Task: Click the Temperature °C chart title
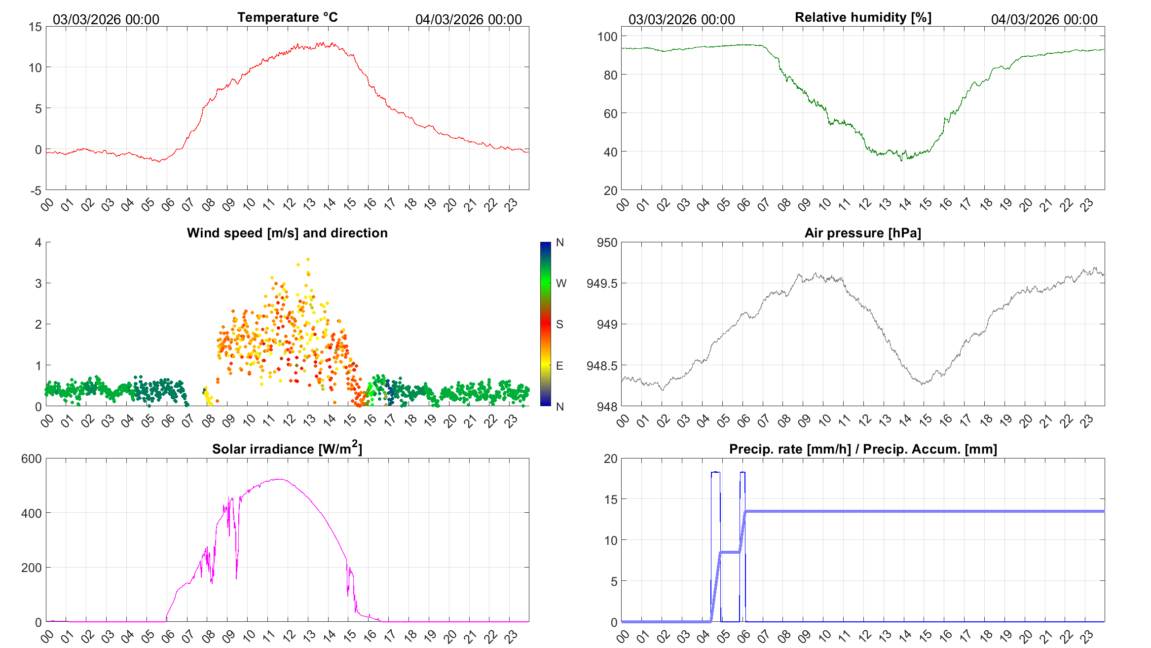tap(287, 17)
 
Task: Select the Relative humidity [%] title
tap(863, 17)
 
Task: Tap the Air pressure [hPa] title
tap(862, 233)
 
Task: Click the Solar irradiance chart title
tap(287, 449)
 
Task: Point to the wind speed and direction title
tap(287, 233)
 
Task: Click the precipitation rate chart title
tap(863, 449)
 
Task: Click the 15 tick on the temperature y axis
tap(36, 27)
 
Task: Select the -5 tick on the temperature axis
tap(36, 191)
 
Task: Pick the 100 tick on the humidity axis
tap(607, 37)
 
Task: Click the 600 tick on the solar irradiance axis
tap(32, 459)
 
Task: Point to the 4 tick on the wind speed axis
tap(38, 242)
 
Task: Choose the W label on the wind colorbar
tap(561, 283)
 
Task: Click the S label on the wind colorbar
tap(559, 324)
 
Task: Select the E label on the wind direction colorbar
tap(559, 366)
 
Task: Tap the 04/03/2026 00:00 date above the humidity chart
tap(1044, 19)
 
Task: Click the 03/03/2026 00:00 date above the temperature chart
tap(106, 19)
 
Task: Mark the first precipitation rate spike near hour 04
tap(715, 472)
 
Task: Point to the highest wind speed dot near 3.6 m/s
tap(308, 259)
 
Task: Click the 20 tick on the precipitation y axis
tap(610, 459)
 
